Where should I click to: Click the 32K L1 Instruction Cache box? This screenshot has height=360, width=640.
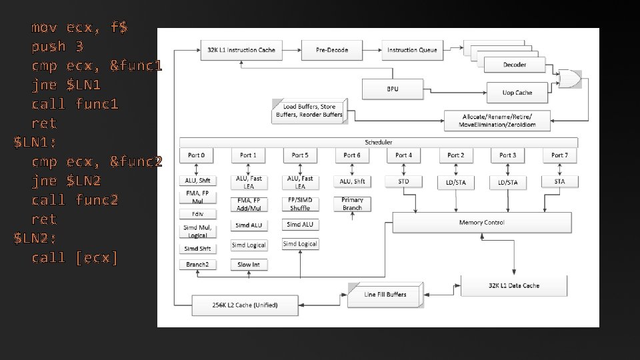point(242,50)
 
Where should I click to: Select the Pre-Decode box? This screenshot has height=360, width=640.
point(332,50)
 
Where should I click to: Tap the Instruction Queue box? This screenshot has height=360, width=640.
point(412,50)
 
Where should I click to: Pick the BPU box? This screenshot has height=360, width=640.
point(392,89)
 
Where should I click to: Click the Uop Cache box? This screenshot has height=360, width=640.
point(517,93)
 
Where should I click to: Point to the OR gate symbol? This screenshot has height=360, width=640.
point(569,79)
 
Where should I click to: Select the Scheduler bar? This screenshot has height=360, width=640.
point(379,142)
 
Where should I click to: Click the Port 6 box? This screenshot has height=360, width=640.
point(352,155)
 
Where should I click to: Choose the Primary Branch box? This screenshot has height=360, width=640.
point(352,204)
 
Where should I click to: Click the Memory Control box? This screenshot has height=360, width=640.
point(481,223)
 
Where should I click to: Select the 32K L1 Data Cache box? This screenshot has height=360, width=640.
point(514,285)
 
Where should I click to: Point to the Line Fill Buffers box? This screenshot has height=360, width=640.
point(385,295)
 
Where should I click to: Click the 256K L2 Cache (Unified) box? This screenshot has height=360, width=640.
point(245,305)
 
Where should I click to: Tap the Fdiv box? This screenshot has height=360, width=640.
point(197,215)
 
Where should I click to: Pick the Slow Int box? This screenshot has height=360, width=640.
point(249,265)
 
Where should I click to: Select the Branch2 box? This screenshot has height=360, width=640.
point(197,265)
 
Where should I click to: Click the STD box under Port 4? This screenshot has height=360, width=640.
point(404,181)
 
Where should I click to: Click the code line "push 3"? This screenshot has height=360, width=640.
point(57,47)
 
